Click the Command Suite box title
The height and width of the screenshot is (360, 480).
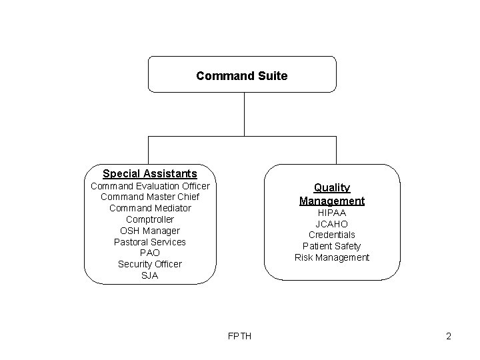[242, 76]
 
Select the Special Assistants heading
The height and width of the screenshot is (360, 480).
[150, 174]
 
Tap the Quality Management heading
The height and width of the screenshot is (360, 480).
[332, 194]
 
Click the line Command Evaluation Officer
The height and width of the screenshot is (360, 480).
[150, 186]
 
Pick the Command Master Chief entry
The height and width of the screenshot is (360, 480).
[150, 197]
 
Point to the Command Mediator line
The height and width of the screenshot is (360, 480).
[150, 208]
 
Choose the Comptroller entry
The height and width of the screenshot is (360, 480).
[150, 219]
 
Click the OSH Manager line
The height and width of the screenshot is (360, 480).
[150, 231]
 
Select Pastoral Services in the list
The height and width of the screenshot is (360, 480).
[150, 242]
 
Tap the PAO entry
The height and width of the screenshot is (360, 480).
[150, 253]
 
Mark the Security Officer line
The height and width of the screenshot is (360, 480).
[150, 264]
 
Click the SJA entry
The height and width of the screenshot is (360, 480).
[150, 275]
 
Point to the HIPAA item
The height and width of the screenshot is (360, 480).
[332, 213]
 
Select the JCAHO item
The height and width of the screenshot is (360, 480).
[332, 224]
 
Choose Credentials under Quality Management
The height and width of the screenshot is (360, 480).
[332, 235]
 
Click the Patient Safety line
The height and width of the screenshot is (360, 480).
[332, 246]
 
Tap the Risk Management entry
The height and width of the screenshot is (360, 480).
[332, 257]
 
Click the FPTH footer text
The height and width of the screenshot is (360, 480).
[240, 336]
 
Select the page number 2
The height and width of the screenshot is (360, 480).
[449, 336]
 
